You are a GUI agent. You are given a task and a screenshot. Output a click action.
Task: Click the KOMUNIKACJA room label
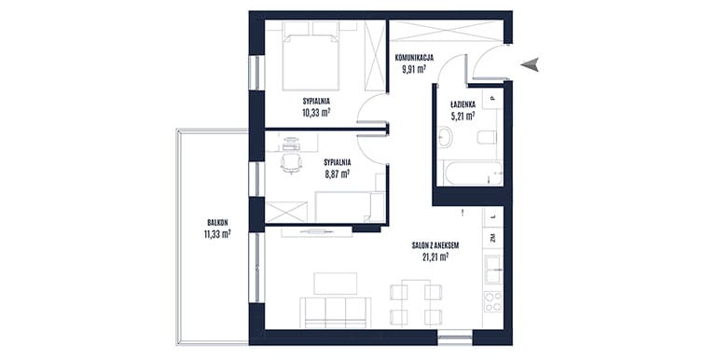(414, 58)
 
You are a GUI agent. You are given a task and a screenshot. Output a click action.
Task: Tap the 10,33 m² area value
(316, 112)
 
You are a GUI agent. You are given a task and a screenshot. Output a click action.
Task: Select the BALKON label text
(217, 223)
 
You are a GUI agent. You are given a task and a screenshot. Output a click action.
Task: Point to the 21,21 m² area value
(435, 257)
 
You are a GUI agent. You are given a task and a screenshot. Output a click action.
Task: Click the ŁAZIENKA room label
(462, 104)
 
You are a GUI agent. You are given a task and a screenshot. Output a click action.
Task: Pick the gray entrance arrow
(530, 65)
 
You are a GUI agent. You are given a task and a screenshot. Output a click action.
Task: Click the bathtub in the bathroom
(470, 173)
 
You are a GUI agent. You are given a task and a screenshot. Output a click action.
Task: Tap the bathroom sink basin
(445, 137)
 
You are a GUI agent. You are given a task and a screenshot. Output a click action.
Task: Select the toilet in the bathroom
(487, 137)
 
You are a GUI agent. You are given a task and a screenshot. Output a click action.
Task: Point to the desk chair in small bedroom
(291, 163)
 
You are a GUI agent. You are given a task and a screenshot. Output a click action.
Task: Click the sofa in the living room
(335, 312)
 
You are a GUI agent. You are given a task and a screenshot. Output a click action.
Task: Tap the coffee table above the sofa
(335, 284)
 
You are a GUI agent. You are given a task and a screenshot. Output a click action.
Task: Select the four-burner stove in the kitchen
(493, 301)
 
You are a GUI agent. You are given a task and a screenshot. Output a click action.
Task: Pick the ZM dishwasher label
(492, 238)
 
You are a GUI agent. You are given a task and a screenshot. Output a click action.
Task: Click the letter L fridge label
(492, 215)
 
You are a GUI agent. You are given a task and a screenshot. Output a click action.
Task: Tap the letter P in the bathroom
(492, 98)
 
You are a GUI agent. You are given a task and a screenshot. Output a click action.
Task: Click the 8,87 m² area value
(337, 173)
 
